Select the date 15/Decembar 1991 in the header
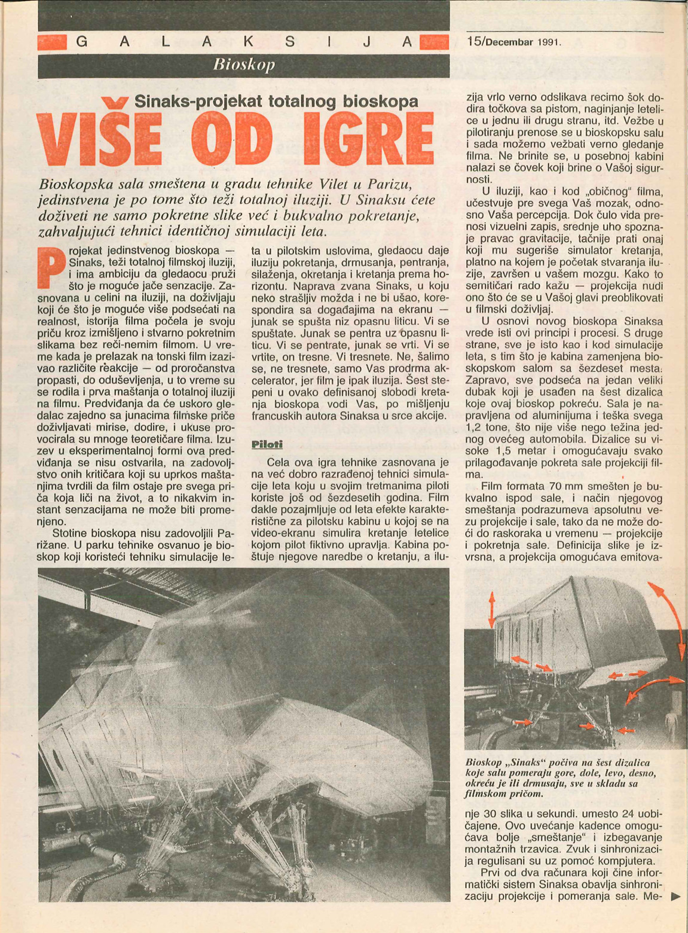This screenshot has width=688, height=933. tap(513, 42)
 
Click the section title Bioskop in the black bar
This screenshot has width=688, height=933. tap(244, 65)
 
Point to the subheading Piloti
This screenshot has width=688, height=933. tap(267, 444)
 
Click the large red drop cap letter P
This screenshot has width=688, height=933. tap(50, 266)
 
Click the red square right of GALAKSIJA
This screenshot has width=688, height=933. tap(435, 42)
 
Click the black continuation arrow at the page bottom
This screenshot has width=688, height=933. tap(676, 897)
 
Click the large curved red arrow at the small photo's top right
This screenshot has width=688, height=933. tap(668, 616)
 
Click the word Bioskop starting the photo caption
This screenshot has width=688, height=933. tap(482, 763)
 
